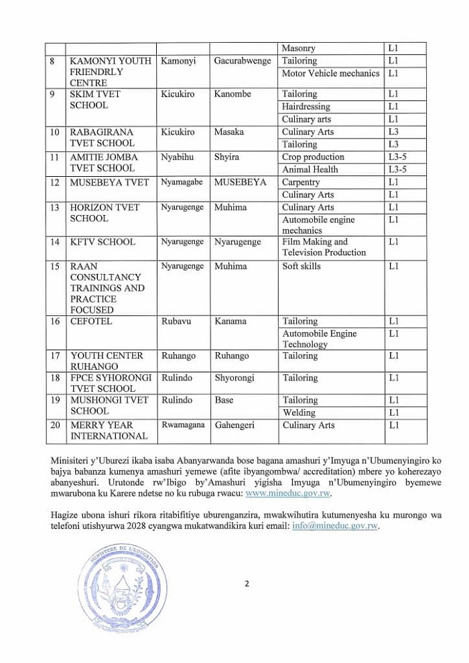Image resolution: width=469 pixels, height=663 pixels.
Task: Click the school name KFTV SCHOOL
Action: [102, 242]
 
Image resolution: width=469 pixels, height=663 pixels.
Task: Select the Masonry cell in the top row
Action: [298, 48]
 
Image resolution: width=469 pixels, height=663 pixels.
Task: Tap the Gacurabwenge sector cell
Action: [243, 61]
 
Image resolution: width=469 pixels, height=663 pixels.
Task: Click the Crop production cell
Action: [313, 157]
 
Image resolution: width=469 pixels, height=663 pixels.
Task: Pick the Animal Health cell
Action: [310, 169]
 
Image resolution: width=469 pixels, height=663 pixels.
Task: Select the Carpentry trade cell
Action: [301, 182]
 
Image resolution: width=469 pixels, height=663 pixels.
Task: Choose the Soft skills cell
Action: [301, 266]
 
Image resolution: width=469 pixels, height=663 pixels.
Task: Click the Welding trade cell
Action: [299, 413]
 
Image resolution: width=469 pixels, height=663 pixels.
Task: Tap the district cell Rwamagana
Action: [182, 425]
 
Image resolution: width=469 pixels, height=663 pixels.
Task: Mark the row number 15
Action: [55, 266]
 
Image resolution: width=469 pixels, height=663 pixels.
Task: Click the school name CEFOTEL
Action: [91, 321]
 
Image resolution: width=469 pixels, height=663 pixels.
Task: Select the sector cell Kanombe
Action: [232, 94]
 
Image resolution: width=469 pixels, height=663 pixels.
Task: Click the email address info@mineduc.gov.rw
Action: [336, 526]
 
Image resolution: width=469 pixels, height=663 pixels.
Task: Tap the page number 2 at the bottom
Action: [247, 583]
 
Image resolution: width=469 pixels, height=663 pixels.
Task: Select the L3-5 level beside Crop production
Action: [397, 157]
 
